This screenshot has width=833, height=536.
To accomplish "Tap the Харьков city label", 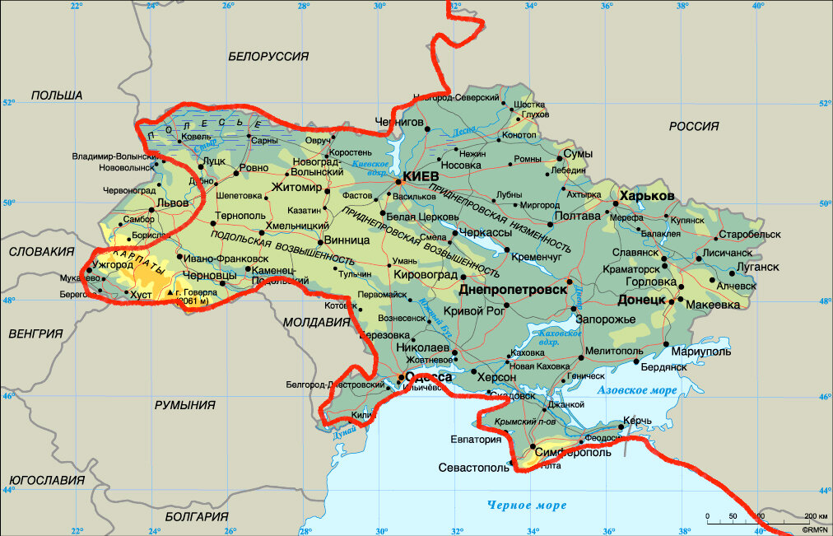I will pyautogui.click(x=648, y=196).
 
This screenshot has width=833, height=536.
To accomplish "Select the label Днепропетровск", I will pyautogui.click(x=514, y=291).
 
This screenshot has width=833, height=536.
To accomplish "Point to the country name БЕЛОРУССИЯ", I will pyautogui.click(x=268, y=56).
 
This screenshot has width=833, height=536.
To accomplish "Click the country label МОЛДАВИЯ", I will pyautogui.click(x=317, y=323).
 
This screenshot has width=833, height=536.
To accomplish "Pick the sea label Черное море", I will pyautogui.click(x=526, y=505).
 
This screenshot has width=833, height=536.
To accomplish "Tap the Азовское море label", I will pyautogui.click(x=638, y=389).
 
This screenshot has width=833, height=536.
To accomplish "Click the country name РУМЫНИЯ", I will pyautogui.click(x=184, y=405).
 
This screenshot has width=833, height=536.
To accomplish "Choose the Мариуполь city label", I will pyautogui.click(x=703, y=352).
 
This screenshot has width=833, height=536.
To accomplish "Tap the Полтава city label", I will pyautogui.click(x=579, y=217).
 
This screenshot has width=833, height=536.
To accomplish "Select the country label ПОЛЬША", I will pyautogui.click(x=57, y=96).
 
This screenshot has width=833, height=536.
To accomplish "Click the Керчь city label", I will pyautogui.click(x=637, y=421).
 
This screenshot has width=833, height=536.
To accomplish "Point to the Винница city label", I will pyautogui.click(x=347, y=241).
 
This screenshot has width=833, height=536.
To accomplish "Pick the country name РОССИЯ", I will pyautogui.click(x=693, y=126).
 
